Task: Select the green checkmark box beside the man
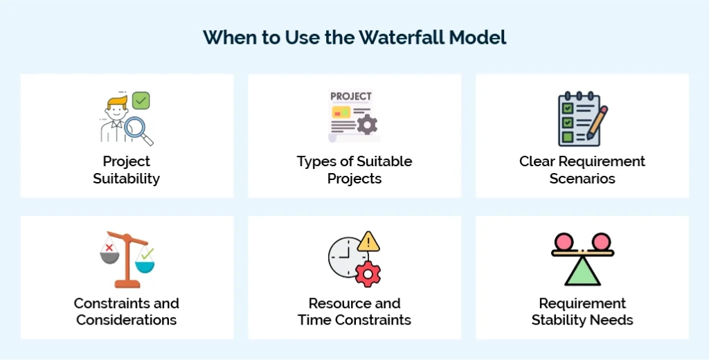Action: tap(141, 101)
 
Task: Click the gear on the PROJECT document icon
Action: tap(366, 125)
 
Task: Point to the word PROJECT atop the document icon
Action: tap(350, 96)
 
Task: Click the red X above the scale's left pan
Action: tap(109, 246)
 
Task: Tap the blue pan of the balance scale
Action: tap(145, 264)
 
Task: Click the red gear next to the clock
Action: tap(368, 273)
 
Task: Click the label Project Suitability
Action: tap(127, 170)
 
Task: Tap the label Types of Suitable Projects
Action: tap(354, 170)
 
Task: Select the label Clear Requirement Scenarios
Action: tap(582, 170)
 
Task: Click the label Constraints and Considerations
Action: tap(127, 312)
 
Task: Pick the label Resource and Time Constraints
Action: tap(354, 312)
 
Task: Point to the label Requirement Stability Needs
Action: tap(582, 312)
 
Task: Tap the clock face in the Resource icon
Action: tap(344, 258)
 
